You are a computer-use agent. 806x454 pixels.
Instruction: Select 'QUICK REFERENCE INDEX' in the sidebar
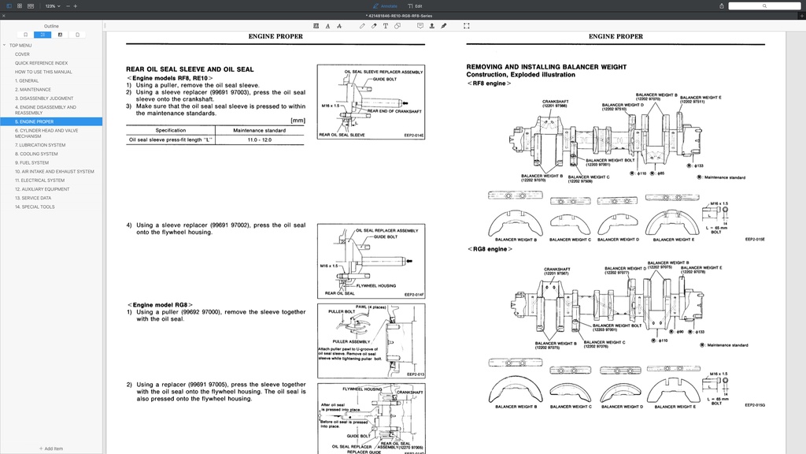41,63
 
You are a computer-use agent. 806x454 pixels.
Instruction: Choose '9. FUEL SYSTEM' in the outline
31,162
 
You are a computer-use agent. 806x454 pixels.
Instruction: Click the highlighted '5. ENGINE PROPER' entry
35,121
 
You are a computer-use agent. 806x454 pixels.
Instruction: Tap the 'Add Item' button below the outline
51,448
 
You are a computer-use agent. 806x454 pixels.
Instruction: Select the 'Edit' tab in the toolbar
418,6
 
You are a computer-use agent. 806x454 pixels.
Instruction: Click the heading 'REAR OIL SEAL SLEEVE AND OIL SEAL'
190,69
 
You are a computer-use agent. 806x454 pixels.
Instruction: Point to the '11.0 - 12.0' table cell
259,140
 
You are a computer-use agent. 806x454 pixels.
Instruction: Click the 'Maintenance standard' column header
259,130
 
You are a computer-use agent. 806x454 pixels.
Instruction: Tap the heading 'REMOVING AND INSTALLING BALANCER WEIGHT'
546,67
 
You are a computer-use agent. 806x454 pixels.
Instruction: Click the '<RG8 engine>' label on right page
489,249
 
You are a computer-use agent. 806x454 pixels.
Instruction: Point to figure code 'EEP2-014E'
414,136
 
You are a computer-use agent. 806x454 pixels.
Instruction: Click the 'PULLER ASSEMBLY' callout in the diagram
350,341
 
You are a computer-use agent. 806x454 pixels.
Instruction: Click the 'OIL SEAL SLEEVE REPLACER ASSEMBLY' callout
383,72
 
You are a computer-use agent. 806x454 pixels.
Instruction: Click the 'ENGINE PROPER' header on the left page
275,36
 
